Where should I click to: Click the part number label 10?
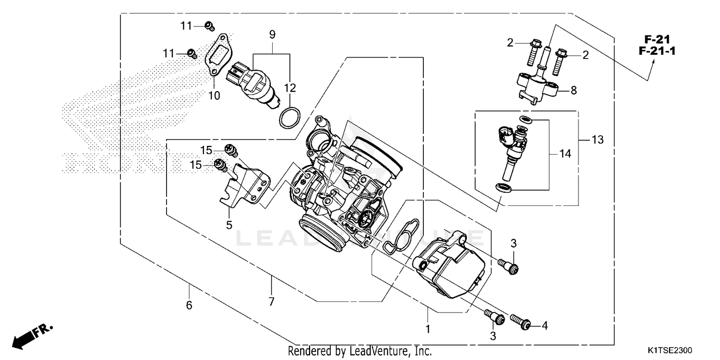coord(214,96)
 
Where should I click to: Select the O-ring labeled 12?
coord(289,118)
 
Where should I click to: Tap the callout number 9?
coord(272,35)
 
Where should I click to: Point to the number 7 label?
coord(271,302)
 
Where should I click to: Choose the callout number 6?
coord(189,305)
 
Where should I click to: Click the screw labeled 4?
coord(521,324)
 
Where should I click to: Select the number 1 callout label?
coord(428,329)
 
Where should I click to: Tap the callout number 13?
coord(598,140)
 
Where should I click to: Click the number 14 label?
coord(566,154)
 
